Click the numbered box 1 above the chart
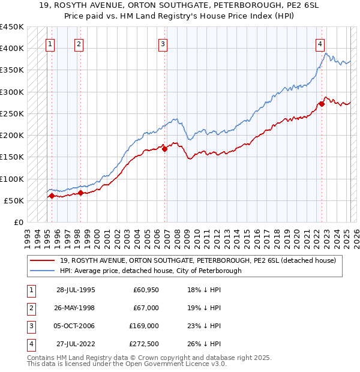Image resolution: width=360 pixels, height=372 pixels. [50, 43]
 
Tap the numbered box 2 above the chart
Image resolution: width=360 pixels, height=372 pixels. [79, 43]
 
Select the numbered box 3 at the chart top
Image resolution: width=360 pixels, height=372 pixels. [163, 43]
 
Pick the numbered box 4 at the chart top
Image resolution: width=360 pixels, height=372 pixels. [320, 43]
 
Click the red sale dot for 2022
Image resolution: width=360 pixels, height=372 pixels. [322, 104]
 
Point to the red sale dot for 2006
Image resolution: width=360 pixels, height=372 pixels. [164, 149]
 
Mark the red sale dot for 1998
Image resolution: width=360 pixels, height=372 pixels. [80, 193]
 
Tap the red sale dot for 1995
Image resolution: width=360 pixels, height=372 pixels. [52, 196]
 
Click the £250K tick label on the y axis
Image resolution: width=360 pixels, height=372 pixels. [12, 113]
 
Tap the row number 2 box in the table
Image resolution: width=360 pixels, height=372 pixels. [31, 308]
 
